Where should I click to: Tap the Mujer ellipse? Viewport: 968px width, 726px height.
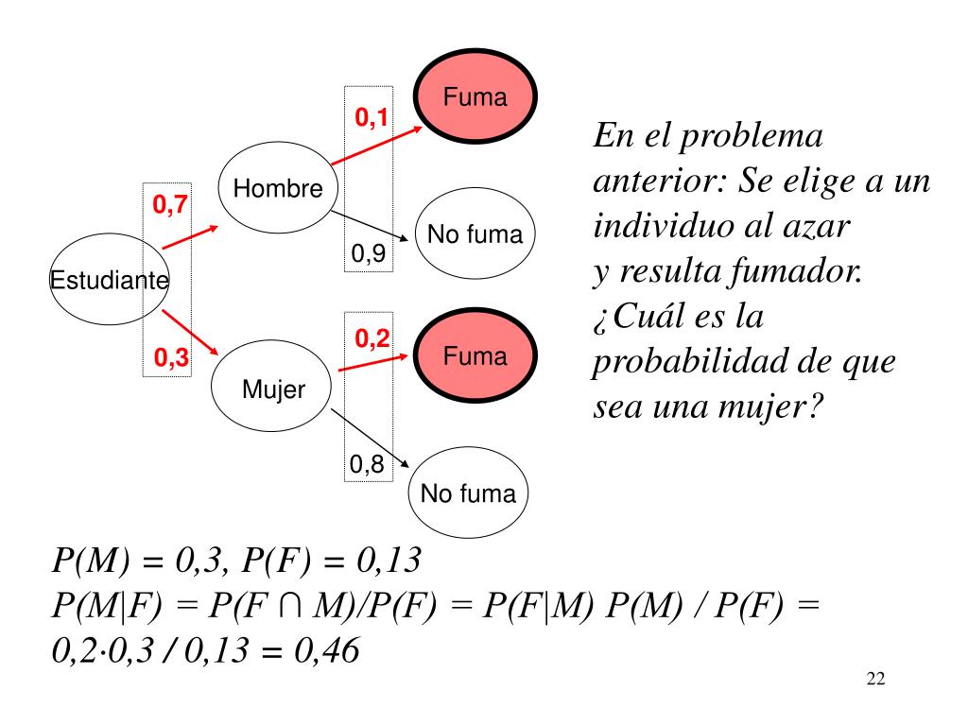tap(272, 389)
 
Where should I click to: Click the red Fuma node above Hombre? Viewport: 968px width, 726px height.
tap(475, 97)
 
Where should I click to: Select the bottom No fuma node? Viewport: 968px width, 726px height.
tap(468, 493)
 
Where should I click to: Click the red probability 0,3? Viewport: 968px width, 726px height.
tap(171, 357)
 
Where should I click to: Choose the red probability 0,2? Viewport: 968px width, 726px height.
tap(372, 337)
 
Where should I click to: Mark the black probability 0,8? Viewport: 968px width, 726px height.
tap(366, 464)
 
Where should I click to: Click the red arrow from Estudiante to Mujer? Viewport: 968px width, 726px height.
tap(190, 331)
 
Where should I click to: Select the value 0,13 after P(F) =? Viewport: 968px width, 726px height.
tap(388, 562)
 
